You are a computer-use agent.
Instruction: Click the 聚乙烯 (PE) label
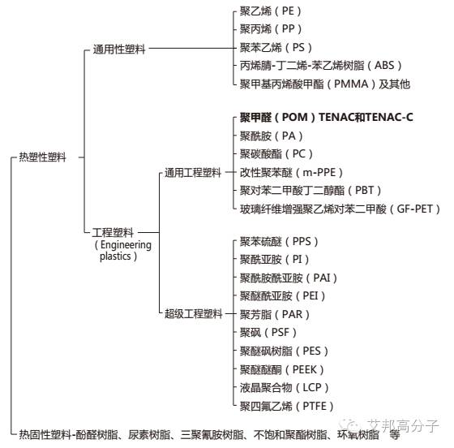click(x=271, y=11)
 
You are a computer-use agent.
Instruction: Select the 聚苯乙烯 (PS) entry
click(x=276, y=47)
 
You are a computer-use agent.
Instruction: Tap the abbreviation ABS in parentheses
click(x=384, y=65)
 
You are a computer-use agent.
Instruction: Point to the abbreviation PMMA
click(x=351, y=84)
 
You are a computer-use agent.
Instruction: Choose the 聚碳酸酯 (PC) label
click(x=276, y=154)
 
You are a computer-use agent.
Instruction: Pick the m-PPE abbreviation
click(x=319, y=173)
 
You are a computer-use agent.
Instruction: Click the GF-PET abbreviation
click(x=414, y=209)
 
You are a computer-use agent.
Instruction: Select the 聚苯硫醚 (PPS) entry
click(x=279, y=241)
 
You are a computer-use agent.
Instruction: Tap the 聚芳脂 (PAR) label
click(x=275, y=314)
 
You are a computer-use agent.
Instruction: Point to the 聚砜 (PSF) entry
click(x=268, y=333)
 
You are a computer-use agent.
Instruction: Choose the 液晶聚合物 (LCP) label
click(x=284, y=387)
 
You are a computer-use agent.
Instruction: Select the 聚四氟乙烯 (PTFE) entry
click(x=287, y=406)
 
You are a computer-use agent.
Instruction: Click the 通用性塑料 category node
click(x=119, y=49)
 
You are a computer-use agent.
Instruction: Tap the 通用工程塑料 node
click(x=193, y=173)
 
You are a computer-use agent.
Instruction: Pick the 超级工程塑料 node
click(x=194, y=314)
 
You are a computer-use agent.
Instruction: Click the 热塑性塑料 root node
click(x=42, y=157)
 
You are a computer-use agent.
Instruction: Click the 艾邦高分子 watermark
click(x=403, y=426)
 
